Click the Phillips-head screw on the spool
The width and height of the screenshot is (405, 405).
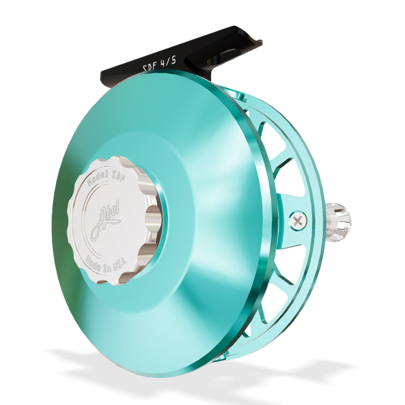tap(298, 220)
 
